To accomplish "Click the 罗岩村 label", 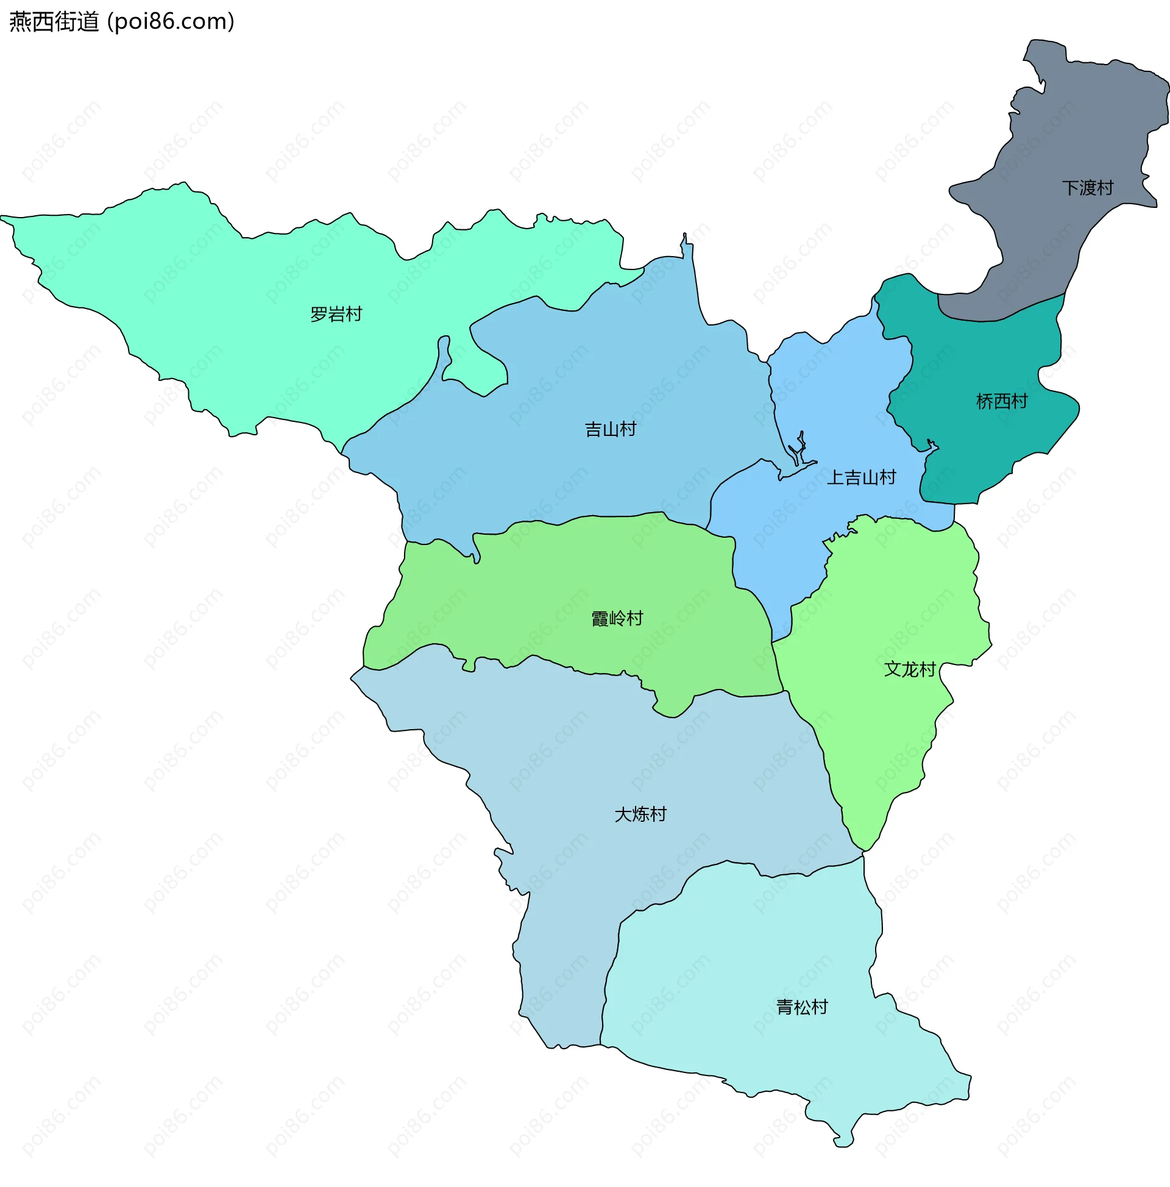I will [336, 315].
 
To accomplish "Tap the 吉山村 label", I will [611, 429].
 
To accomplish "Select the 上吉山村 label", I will [861, 477].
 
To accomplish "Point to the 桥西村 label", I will [1002, 402].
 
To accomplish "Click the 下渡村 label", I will [1088, 188].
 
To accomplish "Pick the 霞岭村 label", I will [617, 619].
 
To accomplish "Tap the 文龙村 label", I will [910, 669].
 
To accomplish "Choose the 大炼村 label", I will [640, 815].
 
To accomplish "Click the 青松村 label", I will [802, 1007].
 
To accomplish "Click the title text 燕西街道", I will [54, 22].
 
